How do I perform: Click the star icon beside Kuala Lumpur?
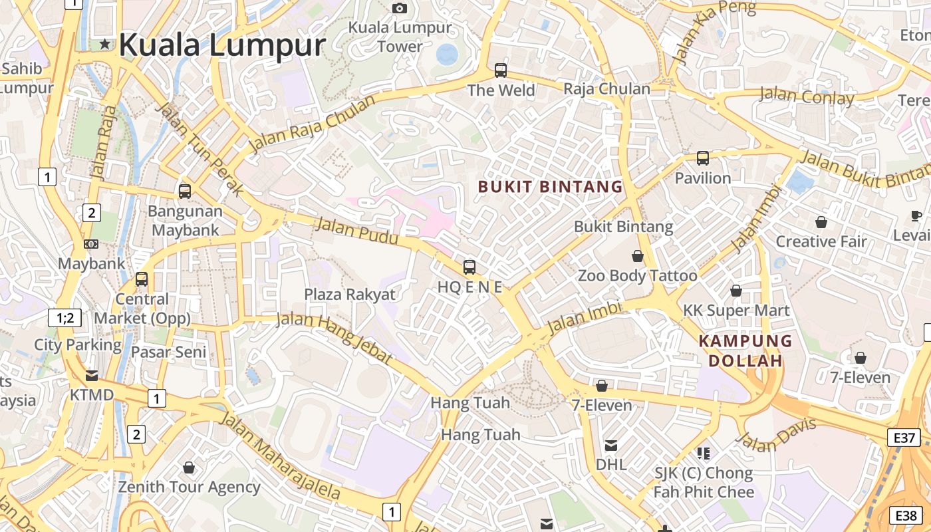(x=105, y=45)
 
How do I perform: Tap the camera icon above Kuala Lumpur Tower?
(x=400, y=8)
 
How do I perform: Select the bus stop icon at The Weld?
(x=501, y=70)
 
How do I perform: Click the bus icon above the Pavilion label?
(x=703, y=158)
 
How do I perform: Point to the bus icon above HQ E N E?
(x=469, y=267)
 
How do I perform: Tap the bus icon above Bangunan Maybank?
(x=185, y=191)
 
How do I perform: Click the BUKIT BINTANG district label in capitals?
(x=550, y=187)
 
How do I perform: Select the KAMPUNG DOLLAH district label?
(x=745, y=351)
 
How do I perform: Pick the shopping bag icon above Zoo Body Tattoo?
(x=638, y=256)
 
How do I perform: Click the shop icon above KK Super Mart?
(x=736, y=291)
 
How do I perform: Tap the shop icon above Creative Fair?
(x=821, y=222)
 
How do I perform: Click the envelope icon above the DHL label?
(x=610, y=445)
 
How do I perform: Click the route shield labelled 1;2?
(x=65, y=318)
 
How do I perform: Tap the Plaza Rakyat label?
(x=350, y=294)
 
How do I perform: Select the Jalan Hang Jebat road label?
(x=334, y=338)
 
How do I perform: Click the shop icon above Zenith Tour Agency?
(x=189, y=467)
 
